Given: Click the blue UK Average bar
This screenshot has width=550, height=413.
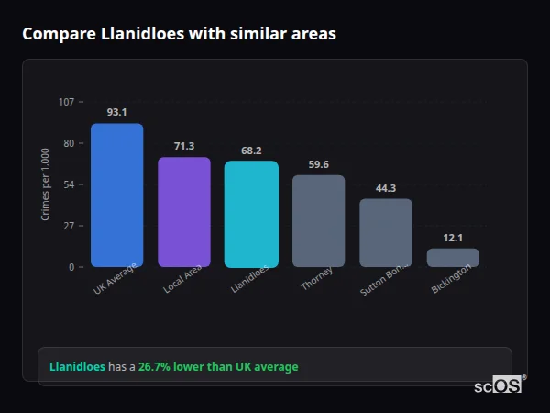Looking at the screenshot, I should click(x=116, y=195).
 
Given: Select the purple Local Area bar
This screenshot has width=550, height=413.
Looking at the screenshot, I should click(x=183, y=212).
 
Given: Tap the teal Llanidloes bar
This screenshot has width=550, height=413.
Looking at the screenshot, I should click(x=251, y=214).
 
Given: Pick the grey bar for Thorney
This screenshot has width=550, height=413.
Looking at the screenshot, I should click(x=318, y=221).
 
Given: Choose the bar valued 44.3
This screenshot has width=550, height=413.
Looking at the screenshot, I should click(x=386, y=233).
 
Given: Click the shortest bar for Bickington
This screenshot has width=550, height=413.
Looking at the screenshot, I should click(x=453, y=258).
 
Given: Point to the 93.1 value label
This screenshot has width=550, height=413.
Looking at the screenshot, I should click(x=116, y=112).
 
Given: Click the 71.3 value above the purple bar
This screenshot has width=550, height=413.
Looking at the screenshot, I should click(x=183, y=146).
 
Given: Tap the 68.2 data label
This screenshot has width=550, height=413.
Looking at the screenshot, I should click(x=251, y=151).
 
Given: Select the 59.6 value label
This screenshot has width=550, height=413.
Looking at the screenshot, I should click(x=318, y=164).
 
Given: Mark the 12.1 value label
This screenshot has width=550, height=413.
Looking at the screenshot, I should click(x=453, y=238).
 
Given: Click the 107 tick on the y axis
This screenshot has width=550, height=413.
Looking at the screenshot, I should click(x=66, y=102).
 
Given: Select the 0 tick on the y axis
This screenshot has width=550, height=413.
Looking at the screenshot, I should click(x=71, y=267).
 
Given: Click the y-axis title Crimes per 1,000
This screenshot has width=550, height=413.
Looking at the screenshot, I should click(x=46, y=184).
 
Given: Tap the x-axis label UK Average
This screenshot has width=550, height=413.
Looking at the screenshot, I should click(x=115, y=279).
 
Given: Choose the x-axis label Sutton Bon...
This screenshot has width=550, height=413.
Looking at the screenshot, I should click(x=379, y=281).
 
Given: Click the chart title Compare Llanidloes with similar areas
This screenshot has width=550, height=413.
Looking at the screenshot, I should click(x=179, y=34).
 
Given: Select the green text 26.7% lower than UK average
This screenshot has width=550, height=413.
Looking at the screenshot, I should click(x=218, y=366).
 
